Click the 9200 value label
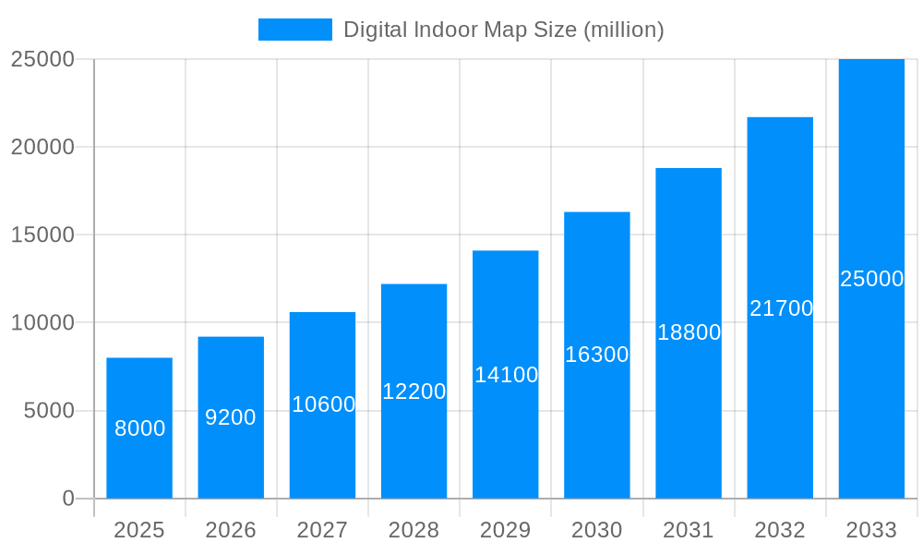pos(231,417)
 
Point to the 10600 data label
pos(323,404)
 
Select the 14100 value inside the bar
pos(506,375)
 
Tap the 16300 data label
pos(597,355)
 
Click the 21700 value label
pos(781,308)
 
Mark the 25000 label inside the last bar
pos(871,279)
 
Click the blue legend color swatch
pos(294,30)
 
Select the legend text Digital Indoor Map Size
pos(503,30)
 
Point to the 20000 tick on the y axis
pos(42,147)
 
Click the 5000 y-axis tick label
pos(48,411)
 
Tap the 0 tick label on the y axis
pos(67,499)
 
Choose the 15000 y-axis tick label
pos(42,235)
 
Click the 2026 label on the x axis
pos(231,530)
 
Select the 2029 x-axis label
pos(506,530)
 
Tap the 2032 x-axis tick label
pos(780,530)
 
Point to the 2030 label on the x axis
pos(597,530)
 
